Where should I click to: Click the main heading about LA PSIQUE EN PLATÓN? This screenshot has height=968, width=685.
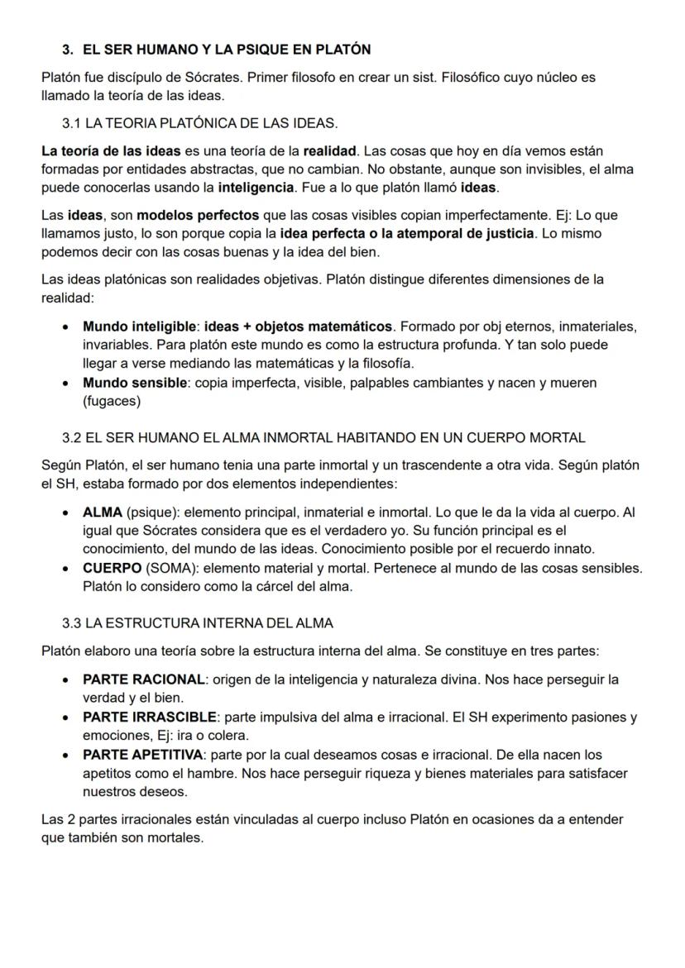(216, 50)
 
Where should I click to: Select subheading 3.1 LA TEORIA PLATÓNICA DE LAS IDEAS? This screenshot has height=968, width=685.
(199, 123)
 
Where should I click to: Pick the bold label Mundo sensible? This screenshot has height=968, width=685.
(135, 383)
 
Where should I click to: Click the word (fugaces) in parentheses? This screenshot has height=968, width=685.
(112, 401)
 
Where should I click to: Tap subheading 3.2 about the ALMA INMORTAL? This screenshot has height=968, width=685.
(323, 437)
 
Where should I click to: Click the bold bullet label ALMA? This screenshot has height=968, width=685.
(103, 513)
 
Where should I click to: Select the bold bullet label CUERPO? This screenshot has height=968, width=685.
(112, 569)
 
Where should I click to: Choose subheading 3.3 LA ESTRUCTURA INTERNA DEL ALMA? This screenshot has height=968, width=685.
(198, 622)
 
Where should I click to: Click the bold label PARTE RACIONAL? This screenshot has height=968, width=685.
(143, 680)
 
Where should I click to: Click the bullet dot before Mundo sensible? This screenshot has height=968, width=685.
(65, 384)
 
